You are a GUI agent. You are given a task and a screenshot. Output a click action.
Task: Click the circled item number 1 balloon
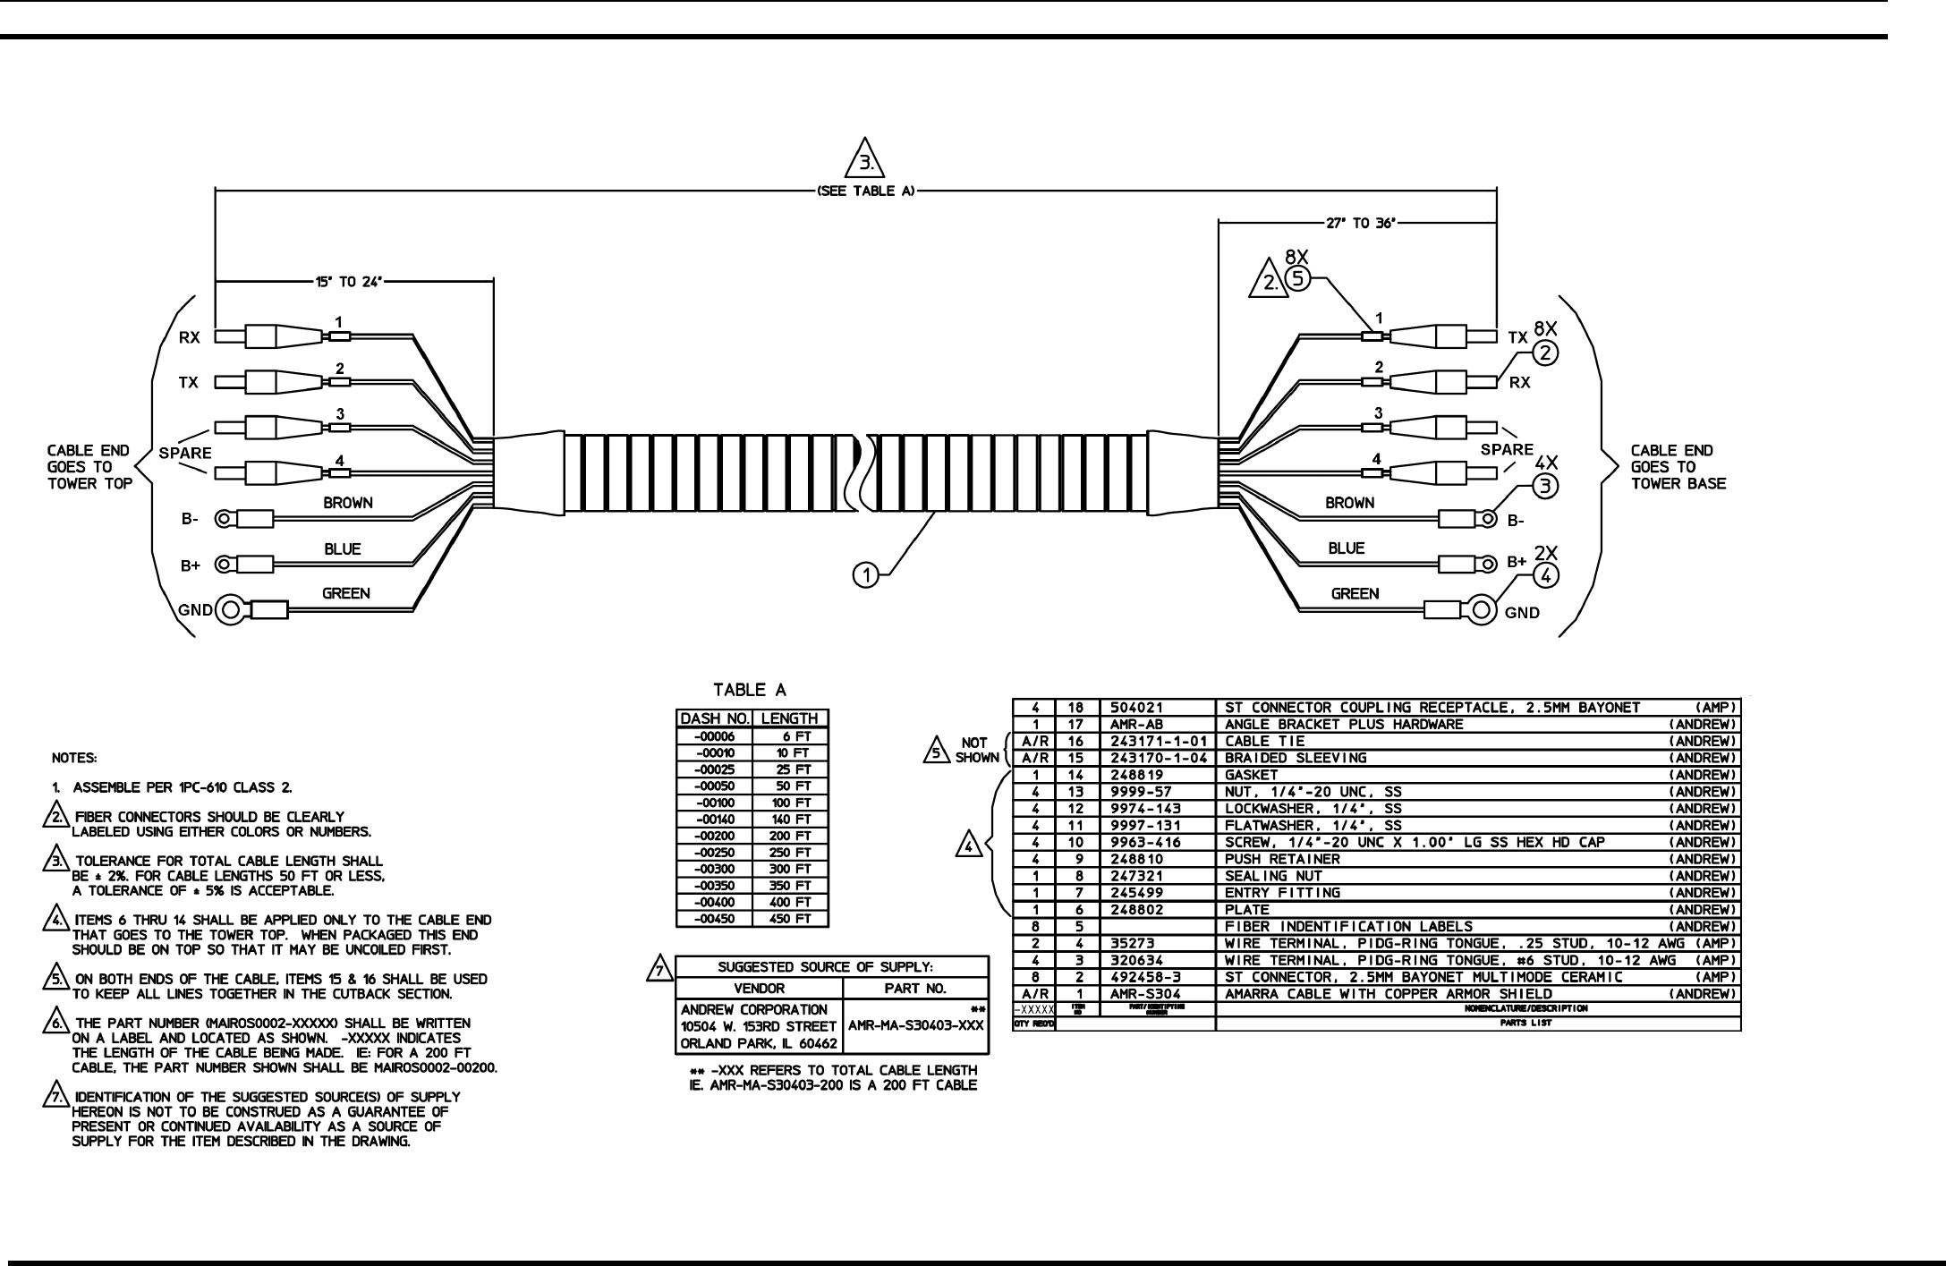pos(865,576)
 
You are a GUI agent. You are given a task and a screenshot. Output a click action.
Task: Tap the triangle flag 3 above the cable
pos(864,159)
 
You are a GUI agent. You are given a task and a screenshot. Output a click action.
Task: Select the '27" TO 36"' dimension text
pos(1362,224)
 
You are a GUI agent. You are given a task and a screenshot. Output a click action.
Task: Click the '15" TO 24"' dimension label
pos(348,282)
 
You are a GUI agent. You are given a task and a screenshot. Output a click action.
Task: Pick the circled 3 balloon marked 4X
pos(1546,486)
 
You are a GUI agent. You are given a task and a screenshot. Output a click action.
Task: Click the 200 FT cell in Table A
pos(791,836)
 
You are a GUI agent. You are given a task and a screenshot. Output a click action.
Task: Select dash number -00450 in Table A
pos(714,919)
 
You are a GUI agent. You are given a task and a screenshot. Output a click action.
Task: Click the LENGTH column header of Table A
pos(789,718)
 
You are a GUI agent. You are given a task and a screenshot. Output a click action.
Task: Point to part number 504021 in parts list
pos(1136,708)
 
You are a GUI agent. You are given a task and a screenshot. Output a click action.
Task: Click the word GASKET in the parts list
pos(1251,775)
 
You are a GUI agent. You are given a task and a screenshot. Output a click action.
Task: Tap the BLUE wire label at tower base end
pos(1346,548)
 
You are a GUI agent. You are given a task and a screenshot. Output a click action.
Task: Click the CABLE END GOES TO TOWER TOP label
pos(89,467)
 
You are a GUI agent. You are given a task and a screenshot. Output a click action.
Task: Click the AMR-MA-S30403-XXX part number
pos(915,1026)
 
